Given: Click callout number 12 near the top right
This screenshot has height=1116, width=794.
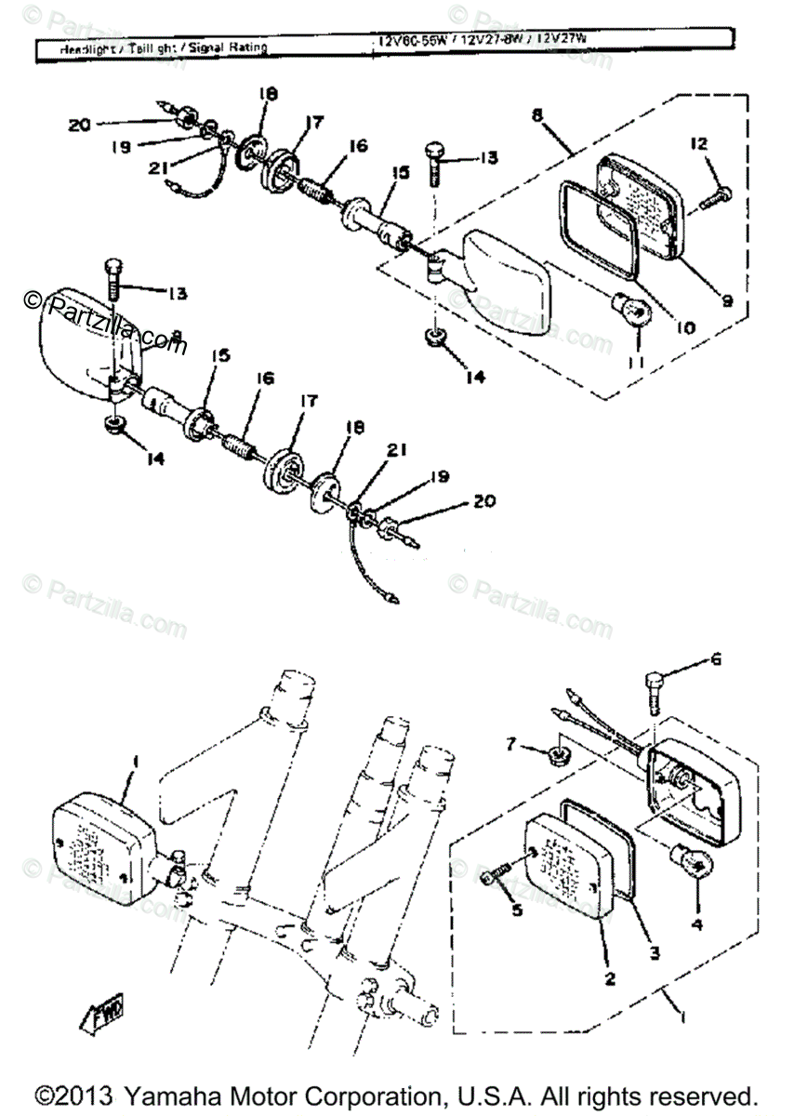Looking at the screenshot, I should [x=699, y=144].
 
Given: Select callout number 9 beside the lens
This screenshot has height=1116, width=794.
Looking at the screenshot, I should [x=726, y=300].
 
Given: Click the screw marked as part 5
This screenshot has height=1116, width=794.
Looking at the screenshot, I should [x=496, y=874].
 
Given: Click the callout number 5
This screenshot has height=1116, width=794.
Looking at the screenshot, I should [x=517, y=908].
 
